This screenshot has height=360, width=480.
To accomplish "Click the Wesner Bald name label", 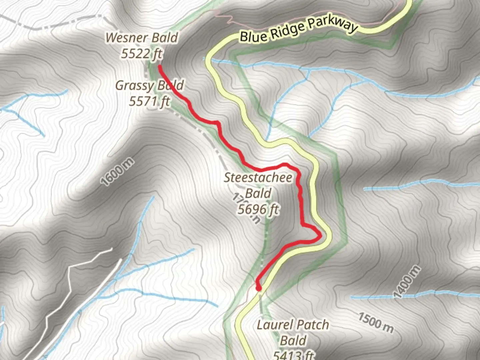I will (x=142, y=38).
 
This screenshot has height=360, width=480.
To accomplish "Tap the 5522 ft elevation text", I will (x=142, y=53).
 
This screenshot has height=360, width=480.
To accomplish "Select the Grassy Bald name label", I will (x=149, y=85).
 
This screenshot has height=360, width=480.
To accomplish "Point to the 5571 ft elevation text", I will (x=150, y=101).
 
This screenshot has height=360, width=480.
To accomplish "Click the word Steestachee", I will (x=258, y=177).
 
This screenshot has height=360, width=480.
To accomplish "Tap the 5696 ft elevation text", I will (x=258, y=209).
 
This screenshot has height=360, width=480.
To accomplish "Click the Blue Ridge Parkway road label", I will (x=298, y=29).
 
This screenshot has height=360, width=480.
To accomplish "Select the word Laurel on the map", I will (x=275, y=325).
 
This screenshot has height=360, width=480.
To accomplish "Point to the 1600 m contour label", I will (x=118, y=172).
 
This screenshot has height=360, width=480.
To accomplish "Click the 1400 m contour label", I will (x=407, y=282).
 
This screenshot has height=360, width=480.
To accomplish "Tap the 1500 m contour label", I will (x=376, y=322).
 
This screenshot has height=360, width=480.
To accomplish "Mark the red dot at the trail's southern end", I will (x=258, y=288).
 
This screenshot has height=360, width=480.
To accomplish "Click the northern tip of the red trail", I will (x=160, y=67).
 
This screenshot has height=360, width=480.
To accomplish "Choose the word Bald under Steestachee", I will (x=258, y=193).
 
